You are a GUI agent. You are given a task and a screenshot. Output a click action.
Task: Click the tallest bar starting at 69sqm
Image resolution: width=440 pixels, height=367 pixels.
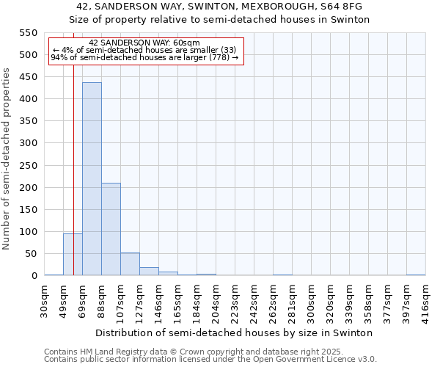(92, 179)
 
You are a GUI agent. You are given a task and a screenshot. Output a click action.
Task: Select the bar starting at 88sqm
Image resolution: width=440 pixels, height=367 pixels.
(111, 229)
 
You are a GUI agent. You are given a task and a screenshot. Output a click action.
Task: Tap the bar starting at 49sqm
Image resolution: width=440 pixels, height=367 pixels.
(73, 254)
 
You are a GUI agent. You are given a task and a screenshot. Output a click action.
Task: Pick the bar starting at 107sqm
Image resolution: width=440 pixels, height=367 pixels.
(130, 264)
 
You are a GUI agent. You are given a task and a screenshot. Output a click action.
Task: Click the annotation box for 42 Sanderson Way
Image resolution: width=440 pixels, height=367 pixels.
(145, 50)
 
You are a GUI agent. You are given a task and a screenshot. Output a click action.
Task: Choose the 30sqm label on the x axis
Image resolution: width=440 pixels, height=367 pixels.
(45, 299)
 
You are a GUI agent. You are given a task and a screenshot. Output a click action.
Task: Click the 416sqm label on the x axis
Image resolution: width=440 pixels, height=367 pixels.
(425, 299)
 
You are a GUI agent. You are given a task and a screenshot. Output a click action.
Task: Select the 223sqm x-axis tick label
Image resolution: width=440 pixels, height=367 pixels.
(235, 299)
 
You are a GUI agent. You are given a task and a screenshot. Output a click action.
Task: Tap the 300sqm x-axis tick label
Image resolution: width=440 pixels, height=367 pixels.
(311, 299)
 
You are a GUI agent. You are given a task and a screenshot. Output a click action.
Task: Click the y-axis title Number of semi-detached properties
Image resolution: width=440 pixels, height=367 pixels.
(7, 159)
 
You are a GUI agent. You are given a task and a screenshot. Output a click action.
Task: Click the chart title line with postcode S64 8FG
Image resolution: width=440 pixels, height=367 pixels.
(219, 7)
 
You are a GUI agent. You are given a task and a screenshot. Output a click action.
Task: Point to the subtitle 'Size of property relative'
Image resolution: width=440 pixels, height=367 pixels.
(219, 19)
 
